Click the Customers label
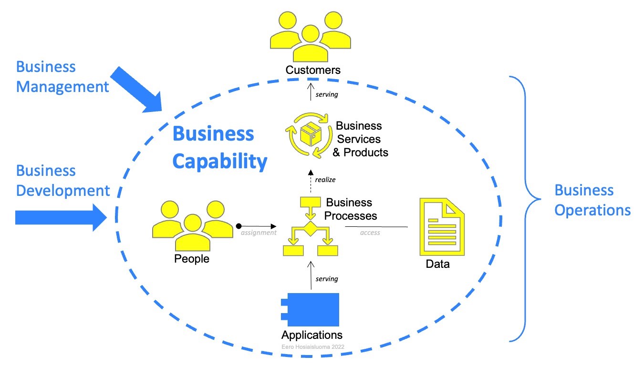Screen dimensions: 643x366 [313, 70]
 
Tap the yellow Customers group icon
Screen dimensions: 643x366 [311, 37]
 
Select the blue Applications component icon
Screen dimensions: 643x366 [311, 309]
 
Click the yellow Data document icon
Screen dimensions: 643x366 [442, 226]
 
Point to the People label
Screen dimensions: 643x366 [192, 259]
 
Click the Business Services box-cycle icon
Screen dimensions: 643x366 [310, 135]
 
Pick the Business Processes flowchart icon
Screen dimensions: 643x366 [311, 226]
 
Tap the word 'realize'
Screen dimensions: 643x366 [325, 180]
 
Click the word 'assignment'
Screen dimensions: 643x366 [259, 233]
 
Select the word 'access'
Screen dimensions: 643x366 [370, 233]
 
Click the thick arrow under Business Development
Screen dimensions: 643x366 [61, 217]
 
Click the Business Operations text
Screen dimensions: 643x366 [592, 200]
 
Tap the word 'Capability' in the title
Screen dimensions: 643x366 [220, 162]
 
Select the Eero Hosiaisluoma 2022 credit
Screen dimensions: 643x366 [313, 347]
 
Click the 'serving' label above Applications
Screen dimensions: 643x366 [327, 279]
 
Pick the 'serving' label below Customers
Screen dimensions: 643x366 [327, 94]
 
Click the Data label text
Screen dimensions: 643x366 [437, 264]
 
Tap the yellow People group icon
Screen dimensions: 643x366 [193, 226]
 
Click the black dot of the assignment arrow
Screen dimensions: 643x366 [239, 226]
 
